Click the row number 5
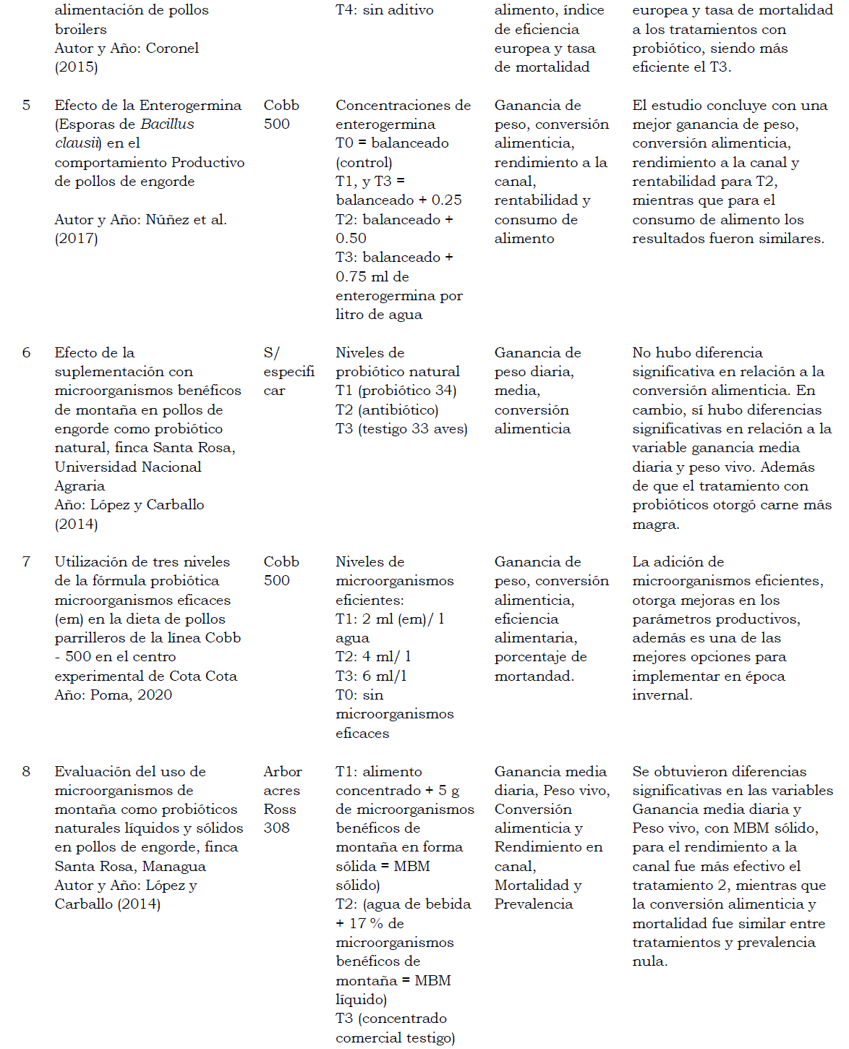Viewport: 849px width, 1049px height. click(x=26, y=106)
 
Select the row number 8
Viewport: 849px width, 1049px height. click(x=26, y=772)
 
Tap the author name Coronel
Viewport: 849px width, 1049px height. click(x=172, y=48)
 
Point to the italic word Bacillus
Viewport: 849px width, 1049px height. click(x=168, y=124)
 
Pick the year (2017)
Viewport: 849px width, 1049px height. click(x=76, y=239)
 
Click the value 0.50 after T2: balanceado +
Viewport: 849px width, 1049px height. click(x=351, y=239)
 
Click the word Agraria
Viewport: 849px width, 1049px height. click(x=80, y=486)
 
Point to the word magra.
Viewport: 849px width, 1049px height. click(x=654, y=524)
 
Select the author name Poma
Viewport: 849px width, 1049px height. click(x=111, y=695)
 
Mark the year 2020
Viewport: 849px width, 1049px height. click(x=155, y=695)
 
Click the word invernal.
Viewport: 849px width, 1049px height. click(x=662, y=695)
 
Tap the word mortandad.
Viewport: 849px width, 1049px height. click(x=534, y=676)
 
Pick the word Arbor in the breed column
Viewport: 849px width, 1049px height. click(x=283, y=772)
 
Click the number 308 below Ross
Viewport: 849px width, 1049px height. click(x=276, y=828)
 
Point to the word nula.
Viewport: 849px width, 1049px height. click(x=649, y=961)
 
